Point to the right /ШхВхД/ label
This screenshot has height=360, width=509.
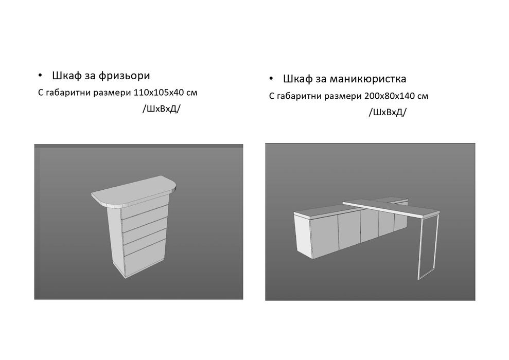(387, 113)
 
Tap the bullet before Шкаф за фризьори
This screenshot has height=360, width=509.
(41, 77)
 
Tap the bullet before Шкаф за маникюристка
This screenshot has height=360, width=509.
(271, 80)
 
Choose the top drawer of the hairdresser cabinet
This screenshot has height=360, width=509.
(146, 212)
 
